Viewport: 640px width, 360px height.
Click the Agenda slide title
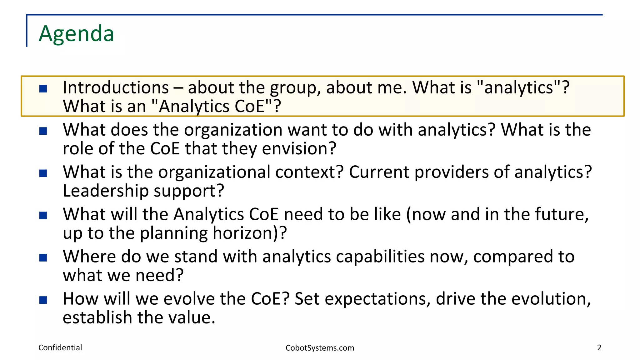76,33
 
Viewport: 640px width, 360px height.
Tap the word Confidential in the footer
60,347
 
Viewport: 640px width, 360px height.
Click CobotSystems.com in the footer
320,348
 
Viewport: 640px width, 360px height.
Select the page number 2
599,347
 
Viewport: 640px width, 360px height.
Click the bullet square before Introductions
43,89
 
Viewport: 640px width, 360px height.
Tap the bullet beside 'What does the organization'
43,131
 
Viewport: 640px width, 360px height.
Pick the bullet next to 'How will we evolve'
43,300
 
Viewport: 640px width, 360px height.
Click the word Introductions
116,87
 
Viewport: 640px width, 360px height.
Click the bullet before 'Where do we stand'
43,258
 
